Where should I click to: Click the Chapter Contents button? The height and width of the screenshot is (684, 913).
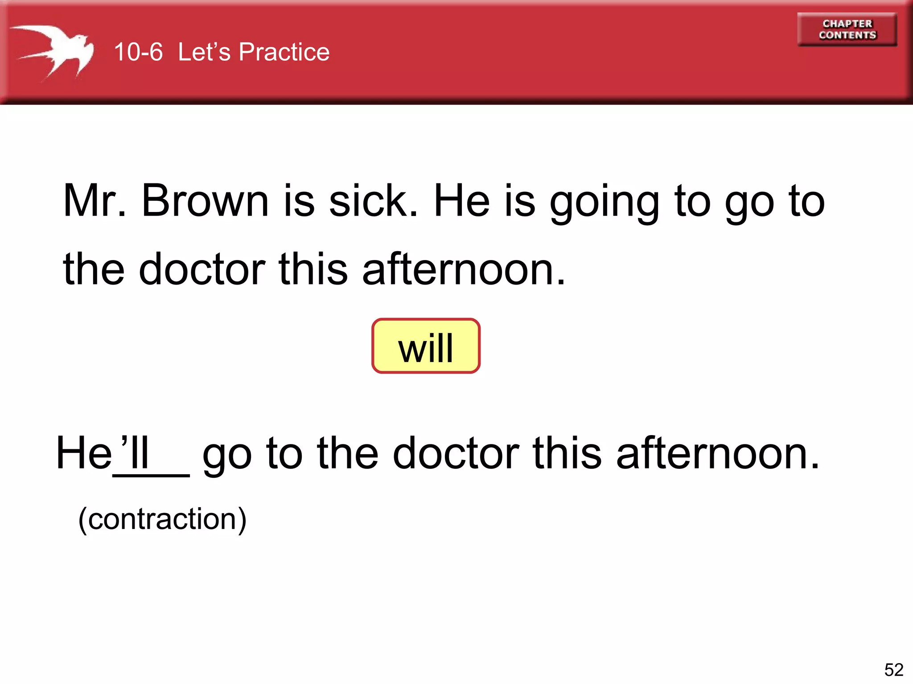click(x=847, y=29)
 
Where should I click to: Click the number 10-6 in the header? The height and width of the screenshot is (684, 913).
click(x=138, y=52)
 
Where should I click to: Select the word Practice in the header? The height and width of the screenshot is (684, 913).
click(x=284, y=52)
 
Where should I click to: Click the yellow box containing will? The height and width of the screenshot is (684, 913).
click(x=426, y=346)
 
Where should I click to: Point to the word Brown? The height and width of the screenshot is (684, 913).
click(x=205, y=201)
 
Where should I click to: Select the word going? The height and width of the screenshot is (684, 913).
click(x=604, y=203)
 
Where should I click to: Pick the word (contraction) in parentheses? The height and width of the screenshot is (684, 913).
click(x=162, y=519)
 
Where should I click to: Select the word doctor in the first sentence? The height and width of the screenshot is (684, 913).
click(x=202, y=269)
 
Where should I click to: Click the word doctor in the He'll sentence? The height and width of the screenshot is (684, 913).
click(x=456, y=453)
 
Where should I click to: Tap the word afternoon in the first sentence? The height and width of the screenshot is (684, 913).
click(x=464, y=269)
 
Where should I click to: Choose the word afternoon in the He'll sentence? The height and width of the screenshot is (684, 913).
click(x=718, y=453)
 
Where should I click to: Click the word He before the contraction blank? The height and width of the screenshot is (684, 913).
click(x=84, y=453)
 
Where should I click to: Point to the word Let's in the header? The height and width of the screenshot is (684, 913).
click(x=204, y=52)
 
